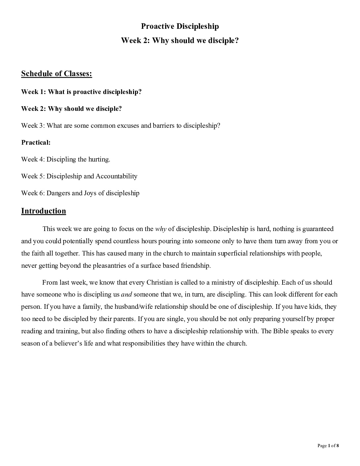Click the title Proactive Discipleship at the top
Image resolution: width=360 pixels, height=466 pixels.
pos(180,26)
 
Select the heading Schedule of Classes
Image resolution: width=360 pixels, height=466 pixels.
pos(57,73)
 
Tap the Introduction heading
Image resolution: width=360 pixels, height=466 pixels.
pos(44,211)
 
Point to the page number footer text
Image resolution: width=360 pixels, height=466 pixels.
pos(328,445)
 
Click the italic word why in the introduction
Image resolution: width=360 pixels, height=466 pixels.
pos(161,229)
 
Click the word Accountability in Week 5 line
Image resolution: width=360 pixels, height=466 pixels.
pos(116,176)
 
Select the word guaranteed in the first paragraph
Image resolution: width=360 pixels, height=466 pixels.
pos(318,229)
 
